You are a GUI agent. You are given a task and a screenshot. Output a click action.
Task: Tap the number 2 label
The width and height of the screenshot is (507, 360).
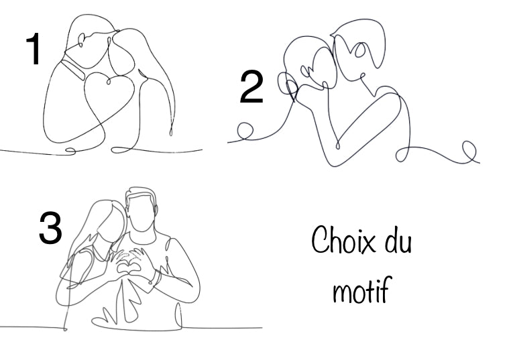click(x=251, y=89)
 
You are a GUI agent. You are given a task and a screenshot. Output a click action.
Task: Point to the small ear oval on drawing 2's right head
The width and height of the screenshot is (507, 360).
click(x=361, y=50)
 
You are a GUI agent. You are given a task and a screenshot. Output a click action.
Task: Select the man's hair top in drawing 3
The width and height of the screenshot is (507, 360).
click(x=141, y=193)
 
